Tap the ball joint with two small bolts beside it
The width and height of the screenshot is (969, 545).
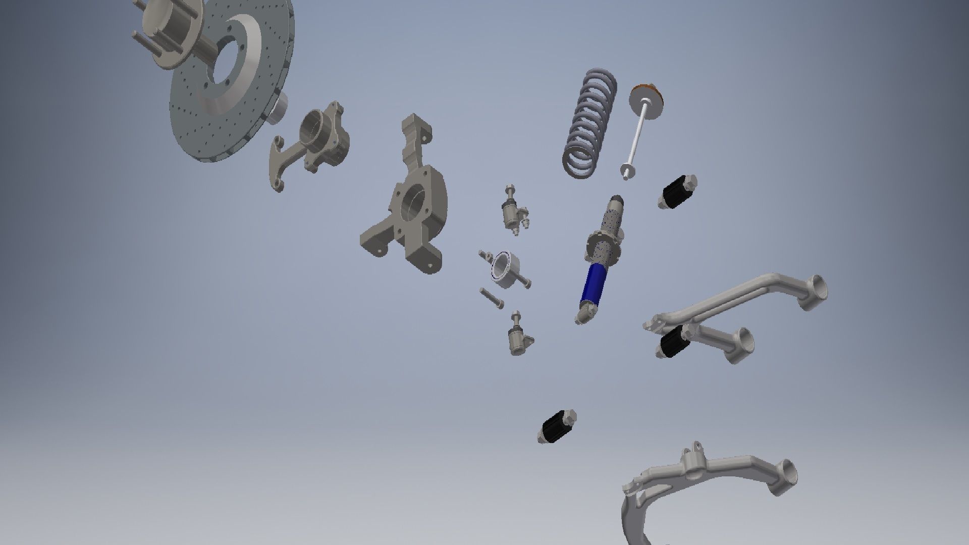[x=512, y=212]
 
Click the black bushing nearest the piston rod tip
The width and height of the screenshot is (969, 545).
[x=677, y=192]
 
